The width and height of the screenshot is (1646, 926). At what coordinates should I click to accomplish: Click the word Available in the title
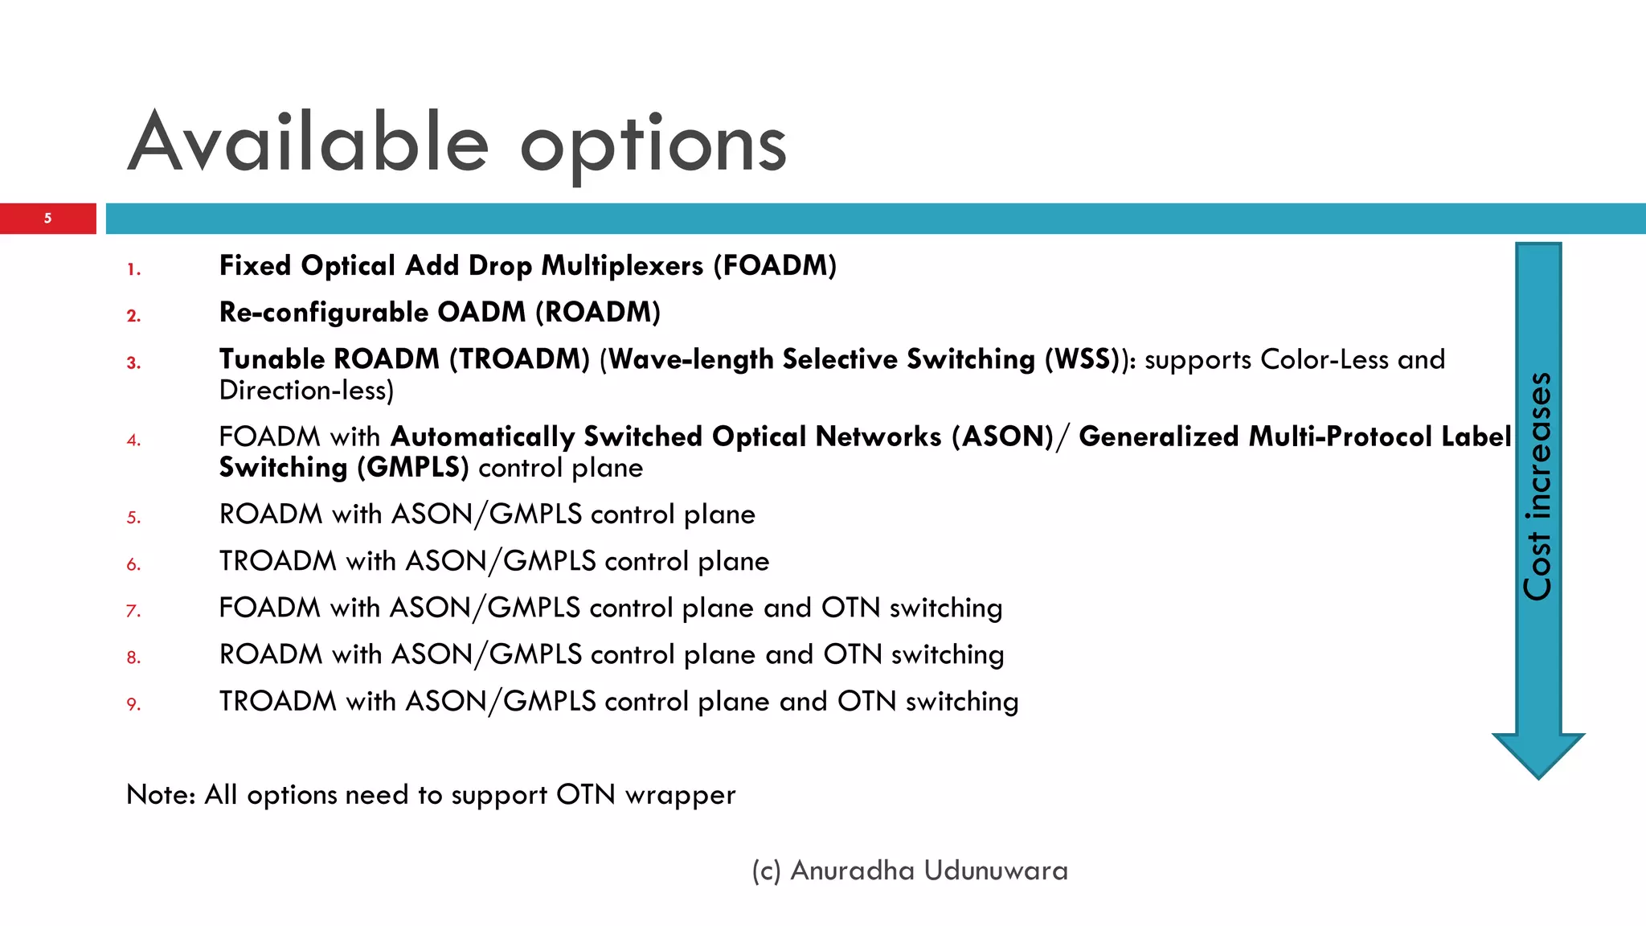[x=308, y=143]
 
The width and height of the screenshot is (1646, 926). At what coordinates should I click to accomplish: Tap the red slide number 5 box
[x=47, y=218]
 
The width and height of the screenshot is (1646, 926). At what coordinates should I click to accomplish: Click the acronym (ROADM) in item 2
[x=597, y=312]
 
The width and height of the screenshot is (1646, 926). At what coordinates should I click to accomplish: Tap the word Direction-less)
[x=306, y=391]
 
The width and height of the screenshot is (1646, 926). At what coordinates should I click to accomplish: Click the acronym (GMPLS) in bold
[x=412, y=468]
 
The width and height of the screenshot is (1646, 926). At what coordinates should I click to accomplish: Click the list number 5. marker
[x=133, y=518]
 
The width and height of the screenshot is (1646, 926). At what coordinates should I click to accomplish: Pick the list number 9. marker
[x=133, y=704]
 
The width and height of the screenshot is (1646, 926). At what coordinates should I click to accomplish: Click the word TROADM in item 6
[x=277, y=561]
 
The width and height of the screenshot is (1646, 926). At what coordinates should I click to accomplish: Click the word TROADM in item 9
[x=277, y=701]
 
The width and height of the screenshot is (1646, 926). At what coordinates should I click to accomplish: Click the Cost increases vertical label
[x=1537, y=486]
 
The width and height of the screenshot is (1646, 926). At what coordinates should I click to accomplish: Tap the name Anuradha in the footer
[x=852, y=871]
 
